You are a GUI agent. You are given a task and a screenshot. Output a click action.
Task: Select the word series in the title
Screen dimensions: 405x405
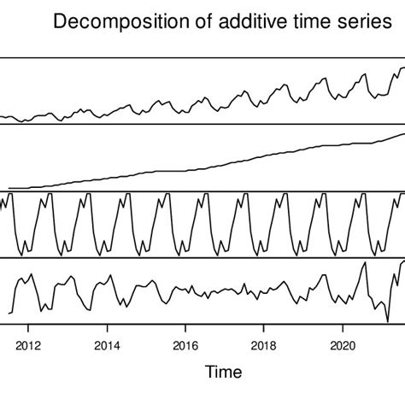pyautogui.click(x=359, y=22)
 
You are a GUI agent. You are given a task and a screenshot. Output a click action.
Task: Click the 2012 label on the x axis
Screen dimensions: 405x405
pyautogui.click(x=28, y=346)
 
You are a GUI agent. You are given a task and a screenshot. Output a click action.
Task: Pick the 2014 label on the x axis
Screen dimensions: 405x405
pyautogui.click(x=107, y=346)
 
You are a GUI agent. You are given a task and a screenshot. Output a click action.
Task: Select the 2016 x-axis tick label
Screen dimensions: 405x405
pyautogui.click(x=185, y=346)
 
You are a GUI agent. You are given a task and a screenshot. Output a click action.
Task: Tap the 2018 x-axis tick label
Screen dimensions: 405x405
pyautogui.click(x=264, y=346)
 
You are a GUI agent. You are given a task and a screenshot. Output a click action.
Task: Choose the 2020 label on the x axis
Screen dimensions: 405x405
pyautogui.click(x=343, y=346)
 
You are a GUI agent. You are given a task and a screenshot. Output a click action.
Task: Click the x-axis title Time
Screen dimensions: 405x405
pyautogui.click(x=223, y=373)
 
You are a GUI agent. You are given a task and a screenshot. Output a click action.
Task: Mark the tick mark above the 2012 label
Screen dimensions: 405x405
pyautogui.click(x=28, y=328)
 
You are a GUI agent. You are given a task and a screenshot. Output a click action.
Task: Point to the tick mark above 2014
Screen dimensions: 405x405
pyautogui.click(x=107, y=328)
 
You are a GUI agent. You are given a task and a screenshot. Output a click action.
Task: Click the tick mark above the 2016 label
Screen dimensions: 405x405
pyautogui.click(x=185, y=328)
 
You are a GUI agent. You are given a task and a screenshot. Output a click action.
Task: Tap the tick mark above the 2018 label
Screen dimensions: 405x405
pyautogui.click(x=264, y=328)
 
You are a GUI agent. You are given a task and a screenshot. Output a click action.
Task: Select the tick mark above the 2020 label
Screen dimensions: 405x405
pyautogui.click(x=343, y=328)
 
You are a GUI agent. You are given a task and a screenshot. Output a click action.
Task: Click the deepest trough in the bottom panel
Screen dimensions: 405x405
pyautogui.click(x=388, y=321)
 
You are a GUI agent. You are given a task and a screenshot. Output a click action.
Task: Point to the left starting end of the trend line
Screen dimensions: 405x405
pyautogui.click(x=9, y=188)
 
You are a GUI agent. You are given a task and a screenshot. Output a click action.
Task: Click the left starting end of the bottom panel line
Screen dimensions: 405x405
pyautogui.click(x=9, y=313)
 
